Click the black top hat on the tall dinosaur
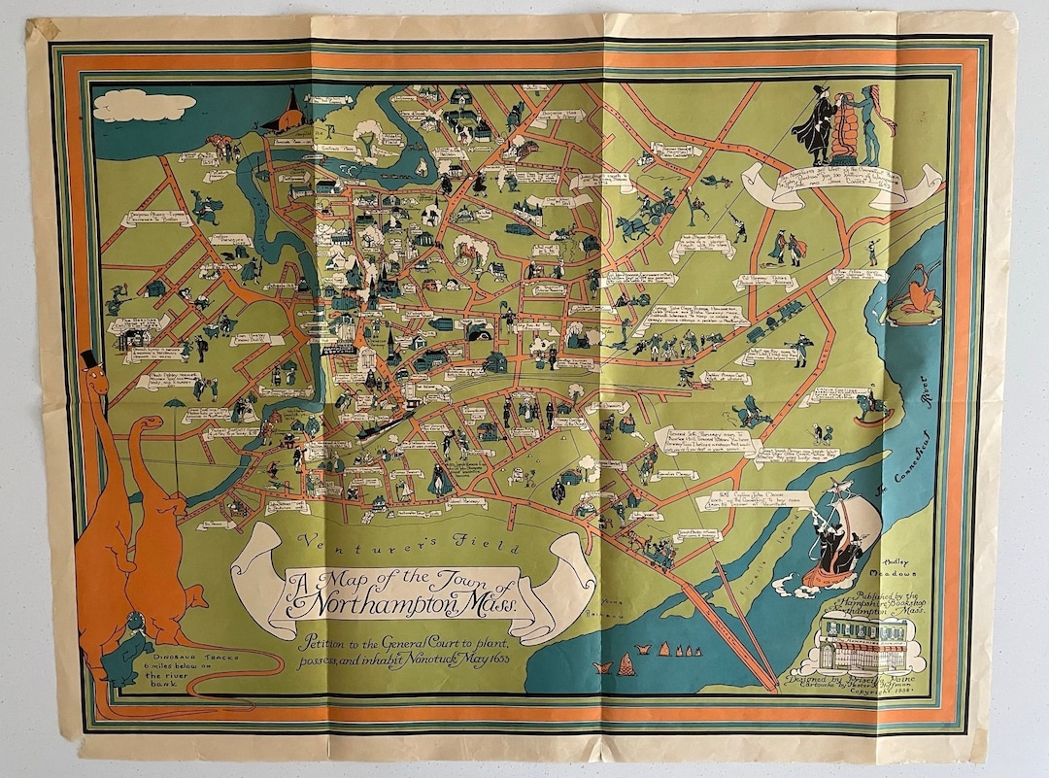(x=89, y=359)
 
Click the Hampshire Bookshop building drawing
(x=861, y=641)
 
